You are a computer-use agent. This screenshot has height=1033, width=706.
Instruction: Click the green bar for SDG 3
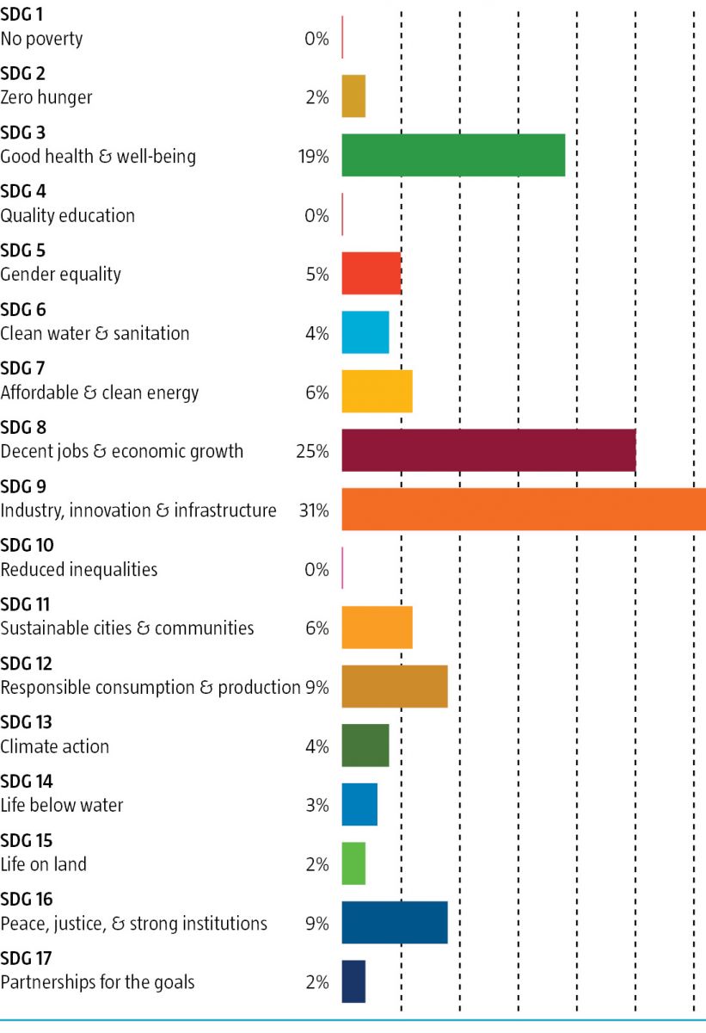point(453,156)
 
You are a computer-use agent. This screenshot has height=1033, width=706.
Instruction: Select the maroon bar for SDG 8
point(488,450)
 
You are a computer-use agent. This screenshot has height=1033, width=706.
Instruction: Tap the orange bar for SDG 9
point(524,510)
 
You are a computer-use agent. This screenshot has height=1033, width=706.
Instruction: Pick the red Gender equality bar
point(371,274)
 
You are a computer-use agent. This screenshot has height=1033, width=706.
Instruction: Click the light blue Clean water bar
point(365,332)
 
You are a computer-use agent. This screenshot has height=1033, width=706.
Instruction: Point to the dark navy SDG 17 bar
point(353,981)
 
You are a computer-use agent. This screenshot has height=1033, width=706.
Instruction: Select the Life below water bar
point(359,805)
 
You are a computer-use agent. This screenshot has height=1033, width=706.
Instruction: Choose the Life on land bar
point(353,863)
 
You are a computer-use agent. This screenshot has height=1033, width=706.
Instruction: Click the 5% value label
point(317,275)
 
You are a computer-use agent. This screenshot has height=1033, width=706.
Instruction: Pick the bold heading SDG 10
point(28,546)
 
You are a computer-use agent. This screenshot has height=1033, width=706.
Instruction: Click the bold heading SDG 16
point(28,900)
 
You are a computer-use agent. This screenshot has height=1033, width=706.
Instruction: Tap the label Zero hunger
point(46,97)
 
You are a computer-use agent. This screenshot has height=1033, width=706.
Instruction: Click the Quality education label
point(68,215)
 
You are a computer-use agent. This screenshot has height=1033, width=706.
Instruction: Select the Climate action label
point(55,746)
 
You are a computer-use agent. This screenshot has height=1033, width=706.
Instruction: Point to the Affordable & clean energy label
point(100,393)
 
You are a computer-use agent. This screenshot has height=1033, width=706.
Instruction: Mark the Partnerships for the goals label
point(98,982)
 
